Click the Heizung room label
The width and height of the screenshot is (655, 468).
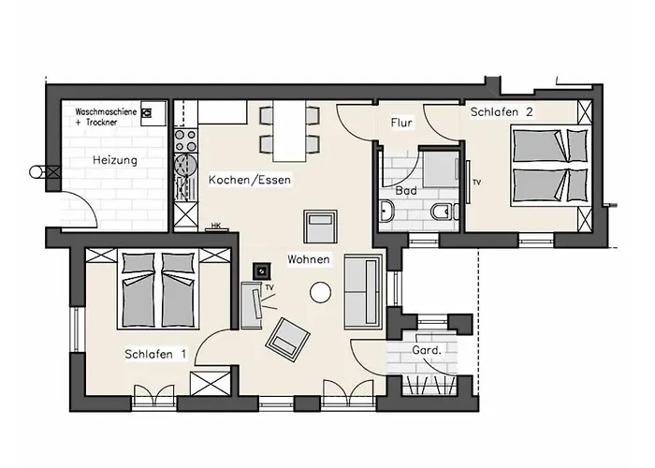coord(114,160)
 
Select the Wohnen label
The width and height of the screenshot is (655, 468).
coord(307,257)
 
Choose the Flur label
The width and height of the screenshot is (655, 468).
coord(401,123)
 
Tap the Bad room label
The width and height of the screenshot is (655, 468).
coord(406,190)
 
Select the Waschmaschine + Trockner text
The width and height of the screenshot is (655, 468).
coord(106,117)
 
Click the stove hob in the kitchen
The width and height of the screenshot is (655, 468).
coord(185,141)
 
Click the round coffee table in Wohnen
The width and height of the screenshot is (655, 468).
coord(321,291)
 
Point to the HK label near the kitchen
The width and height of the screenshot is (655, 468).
coord(215,226)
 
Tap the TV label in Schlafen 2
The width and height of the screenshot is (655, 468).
coord(476,182)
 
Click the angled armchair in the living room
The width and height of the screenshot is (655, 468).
coord(287,338)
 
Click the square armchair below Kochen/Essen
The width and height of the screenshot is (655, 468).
coord(321,227)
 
